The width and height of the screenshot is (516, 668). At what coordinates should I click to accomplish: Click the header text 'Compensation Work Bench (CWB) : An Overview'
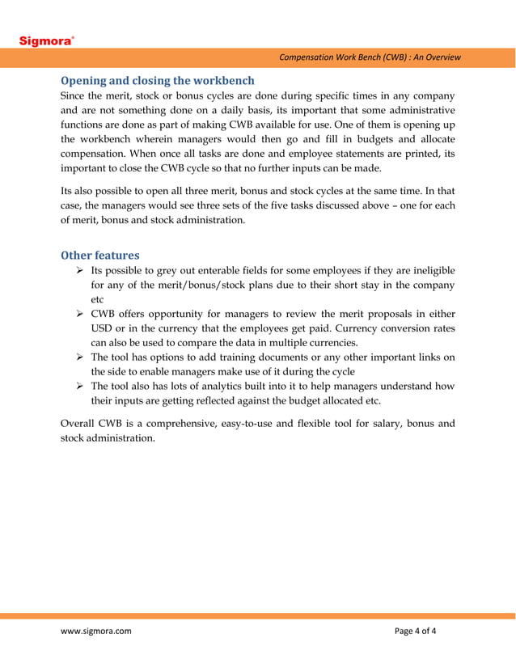coord(370,57)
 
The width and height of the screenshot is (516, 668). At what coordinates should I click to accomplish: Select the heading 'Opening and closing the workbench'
coord(158,80)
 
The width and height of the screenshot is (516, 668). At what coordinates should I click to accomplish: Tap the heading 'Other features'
coord(100,255)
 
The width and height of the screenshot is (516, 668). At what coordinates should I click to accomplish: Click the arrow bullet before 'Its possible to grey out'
coord(79,270)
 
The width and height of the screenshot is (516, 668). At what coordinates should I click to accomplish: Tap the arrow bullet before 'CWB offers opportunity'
coord(79,314)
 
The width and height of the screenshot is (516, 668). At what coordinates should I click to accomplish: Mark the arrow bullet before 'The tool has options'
coord(79,357)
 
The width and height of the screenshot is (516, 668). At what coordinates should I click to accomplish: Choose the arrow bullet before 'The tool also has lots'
coord(79,387)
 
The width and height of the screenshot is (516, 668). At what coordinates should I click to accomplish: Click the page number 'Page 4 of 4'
coord(415,631)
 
